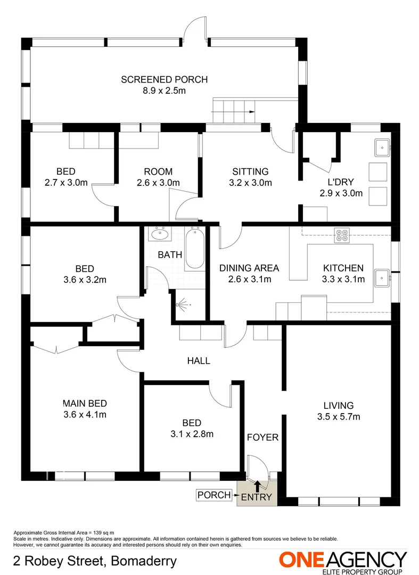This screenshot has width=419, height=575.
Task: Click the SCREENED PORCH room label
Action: (x=164, y=80)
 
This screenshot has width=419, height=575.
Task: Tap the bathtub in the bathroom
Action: (x=194, y=249)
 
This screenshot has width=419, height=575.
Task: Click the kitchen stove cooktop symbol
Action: (x=341, y=235)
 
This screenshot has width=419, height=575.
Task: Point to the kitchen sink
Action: (x=382, y=277)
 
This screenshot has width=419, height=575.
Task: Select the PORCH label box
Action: (x=214, y=495)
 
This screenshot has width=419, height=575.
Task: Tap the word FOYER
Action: (x=262, y=437)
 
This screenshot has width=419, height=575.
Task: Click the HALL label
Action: (x=198, y=360)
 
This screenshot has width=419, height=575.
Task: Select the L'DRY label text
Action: (x=341, y=182)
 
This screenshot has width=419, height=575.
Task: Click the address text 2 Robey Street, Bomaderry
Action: (x=95, y=561)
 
